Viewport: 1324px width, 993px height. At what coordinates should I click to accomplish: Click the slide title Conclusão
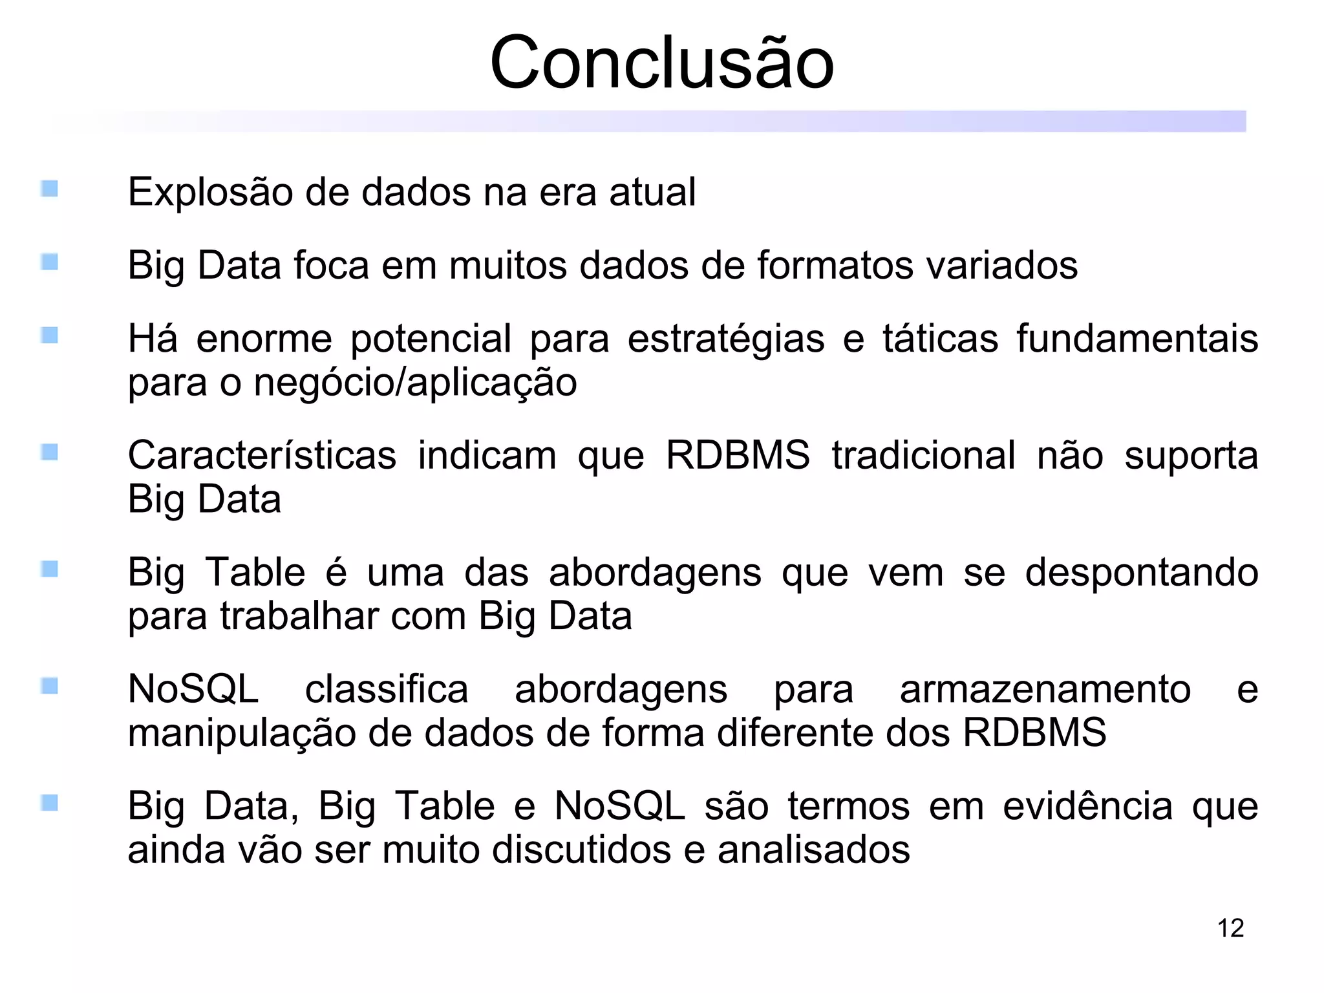click(x=662, y=63)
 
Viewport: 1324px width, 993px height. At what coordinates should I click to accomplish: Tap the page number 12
click(x=1230, y=928)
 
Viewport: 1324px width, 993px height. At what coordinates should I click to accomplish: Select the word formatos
click(x=835, y=265)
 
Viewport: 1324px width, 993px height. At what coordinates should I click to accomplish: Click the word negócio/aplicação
click(x=415, y=382)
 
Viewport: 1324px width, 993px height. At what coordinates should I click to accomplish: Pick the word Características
click(x=262, y=455)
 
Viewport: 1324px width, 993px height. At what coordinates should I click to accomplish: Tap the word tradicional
click(x=923, y=455)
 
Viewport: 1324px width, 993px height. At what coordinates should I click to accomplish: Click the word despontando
click(x=1141, y=573)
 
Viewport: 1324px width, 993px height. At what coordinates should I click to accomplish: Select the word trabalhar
click(x=299, y=616)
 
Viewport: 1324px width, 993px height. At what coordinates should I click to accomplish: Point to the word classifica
click(x=387, y=689)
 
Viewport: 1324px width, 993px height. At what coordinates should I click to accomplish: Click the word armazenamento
click(x=1045, y=689)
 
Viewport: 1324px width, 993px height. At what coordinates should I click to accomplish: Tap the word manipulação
click(x=242, y=733)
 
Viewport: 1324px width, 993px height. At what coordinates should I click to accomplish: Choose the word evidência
click(x=1087, y=806)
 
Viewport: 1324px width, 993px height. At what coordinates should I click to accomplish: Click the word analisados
click(x=813, y=849)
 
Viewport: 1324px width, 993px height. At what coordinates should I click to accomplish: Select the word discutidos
click(x=581, y=849)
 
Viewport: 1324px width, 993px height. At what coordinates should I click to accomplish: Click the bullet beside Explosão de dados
click(x=50, y=189)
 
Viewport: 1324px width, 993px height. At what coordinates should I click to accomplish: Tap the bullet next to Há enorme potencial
click(x=50, y=336)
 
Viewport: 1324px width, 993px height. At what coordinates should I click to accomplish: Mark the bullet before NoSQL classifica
click(x=50, y=686)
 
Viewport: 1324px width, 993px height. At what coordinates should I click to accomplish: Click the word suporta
click(x=1191, y=455)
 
